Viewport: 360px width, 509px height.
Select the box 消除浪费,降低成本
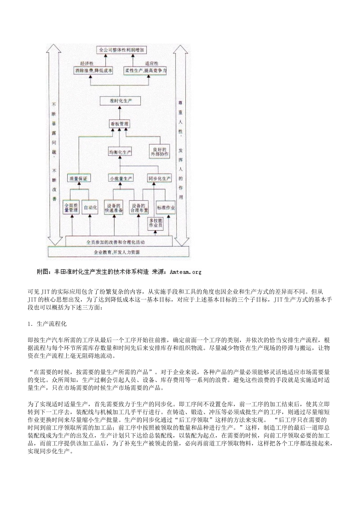93,71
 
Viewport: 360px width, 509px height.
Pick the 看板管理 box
119,124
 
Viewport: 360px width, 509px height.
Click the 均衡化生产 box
120,152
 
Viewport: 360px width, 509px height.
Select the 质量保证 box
78,178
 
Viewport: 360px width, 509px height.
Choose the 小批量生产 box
121,178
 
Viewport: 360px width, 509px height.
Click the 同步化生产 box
159,178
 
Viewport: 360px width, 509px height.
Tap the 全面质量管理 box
71,207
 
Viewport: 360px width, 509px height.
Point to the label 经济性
87,63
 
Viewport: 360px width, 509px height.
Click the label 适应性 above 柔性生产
152,63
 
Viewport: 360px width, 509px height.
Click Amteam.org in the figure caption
186,272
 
